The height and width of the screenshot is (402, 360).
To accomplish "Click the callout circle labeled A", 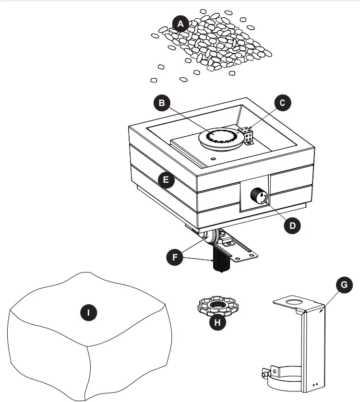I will [180, 24].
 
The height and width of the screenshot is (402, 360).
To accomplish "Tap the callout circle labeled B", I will [162, 102].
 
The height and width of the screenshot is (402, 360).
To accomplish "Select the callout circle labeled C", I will [282, 102].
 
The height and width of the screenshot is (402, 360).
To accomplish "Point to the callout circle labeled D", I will [289, 225].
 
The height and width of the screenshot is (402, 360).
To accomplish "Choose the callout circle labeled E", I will [166, 180].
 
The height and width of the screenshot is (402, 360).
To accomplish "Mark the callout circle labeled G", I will [343, 285].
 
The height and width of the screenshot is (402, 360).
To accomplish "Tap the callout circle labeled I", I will [88, 313].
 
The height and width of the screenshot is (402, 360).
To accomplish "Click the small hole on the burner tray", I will [213, 157].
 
